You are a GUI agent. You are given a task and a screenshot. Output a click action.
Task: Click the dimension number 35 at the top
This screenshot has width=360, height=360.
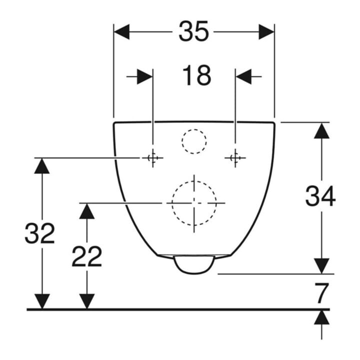click(194, 31)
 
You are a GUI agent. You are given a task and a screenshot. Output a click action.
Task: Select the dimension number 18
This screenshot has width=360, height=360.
click(196, 75)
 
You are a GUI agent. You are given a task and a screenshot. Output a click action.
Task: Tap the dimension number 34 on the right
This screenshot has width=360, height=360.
click(320, 196)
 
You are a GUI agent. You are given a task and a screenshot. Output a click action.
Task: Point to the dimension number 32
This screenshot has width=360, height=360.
click(40, 233)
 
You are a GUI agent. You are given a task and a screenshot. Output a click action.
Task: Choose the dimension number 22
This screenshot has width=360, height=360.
click(87, 256)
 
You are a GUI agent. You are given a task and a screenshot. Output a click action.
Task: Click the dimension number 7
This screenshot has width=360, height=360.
click(321, 293)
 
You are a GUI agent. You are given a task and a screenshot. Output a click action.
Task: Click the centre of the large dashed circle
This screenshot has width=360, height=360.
click(194, 203)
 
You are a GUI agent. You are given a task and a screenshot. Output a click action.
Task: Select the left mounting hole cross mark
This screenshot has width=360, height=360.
click(152, 158)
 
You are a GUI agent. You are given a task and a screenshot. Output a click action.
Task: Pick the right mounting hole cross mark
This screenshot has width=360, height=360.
click(235, 158)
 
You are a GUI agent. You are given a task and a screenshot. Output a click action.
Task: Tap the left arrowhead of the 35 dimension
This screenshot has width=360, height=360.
click(121, 31)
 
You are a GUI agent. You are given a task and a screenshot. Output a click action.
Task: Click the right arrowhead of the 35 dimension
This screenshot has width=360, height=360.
click(266, 31)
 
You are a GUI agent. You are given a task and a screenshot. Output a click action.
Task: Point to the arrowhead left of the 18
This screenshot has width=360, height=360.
click(145, 76)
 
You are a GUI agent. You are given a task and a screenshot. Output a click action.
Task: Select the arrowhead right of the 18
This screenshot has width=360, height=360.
click(243, 76)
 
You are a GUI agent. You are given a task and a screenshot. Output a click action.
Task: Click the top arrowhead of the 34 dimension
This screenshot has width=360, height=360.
click(321, 130)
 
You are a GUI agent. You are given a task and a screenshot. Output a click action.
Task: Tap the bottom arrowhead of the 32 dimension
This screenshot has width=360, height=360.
click(42, 301)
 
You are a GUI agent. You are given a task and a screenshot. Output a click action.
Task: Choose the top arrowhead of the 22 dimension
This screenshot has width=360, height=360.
click(87, 211)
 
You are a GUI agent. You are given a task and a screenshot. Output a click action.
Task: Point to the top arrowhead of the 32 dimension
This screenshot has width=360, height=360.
click(42, 166)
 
